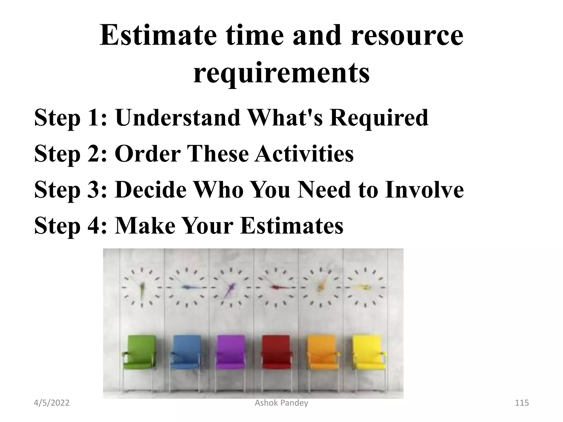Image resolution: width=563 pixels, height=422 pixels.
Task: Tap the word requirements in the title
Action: pyautogui.click(x=281, y=72)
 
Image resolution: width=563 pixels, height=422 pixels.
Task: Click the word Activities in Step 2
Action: pyautogui.click(x=304, y=154)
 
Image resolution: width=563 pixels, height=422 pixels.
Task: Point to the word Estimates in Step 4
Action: pyautogui.click(x=292, y=226)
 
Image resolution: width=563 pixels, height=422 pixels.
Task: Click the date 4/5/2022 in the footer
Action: pyautogui.click(x=51, y=403)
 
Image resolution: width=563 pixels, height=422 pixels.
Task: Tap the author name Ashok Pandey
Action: pyautogui.click(x=281, y=403)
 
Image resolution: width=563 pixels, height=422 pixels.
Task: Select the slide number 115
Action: pyautogui.click(x=521, y=403)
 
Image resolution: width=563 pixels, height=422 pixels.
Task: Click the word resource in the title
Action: pyautogui.click(x=407, y=36)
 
